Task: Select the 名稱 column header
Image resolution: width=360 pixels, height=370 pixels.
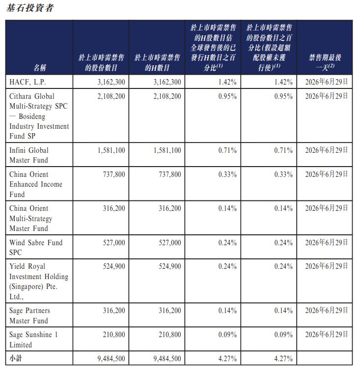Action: (40, 67)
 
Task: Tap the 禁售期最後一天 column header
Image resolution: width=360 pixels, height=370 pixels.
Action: (325, 62)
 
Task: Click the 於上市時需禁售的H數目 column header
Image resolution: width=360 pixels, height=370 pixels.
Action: (157, 62)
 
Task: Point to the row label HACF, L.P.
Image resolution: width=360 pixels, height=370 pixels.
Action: (28, 82)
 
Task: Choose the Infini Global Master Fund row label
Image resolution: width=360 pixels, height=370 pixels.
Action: (29, 155)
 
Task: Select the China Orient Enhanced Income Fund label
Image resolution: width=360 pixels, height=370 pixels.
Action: (36, 184)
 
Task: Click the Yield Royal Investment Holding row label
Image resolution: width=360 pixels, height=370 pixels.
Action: (39, 281)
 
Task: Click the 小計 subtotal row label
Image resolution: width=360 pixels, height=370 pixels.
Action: (16, 358)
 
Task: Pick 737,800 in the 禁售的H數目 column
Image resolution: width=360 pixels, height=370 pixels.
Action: (169, 174)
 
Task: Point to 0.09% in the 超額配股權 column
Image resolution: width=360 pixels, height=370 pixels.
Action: (283, 335)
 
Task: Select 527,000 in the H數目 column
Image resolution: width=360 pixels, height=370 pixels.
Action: (169, 243)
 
